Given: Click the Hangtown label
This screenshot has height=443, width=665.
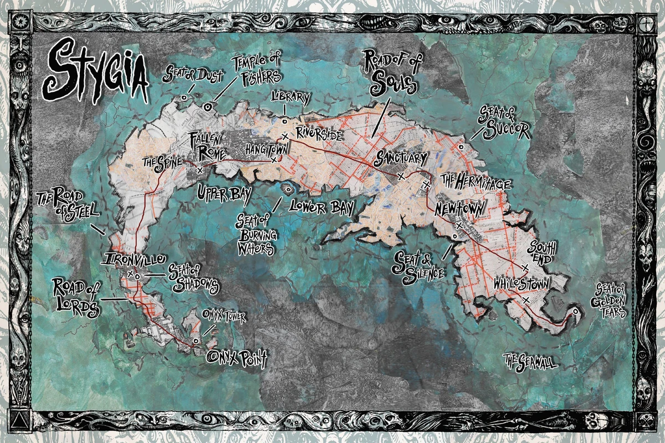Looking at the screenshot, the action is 266,149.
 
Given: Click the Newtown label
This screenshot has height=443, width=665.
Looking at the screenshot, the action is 459,209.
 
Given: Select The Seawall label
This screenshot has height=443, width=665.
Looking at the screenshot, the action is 530,363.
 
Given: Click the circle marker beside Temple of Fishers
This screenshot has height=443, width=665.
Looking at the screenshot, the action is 208,107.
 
